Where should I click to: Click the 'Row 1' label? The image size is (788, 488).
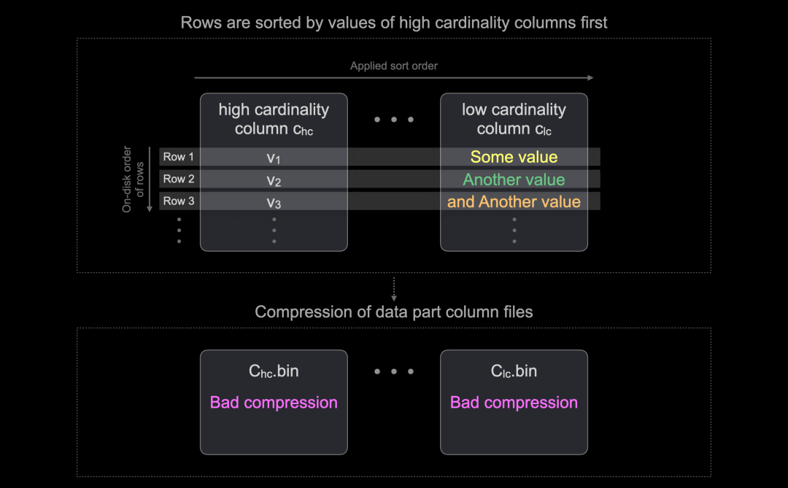click(x=179, y=157)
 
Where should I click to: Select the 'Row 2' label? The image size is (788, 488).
click(x=179, y=179)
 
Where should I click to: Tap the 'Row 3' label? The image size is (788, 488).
click(x=179, y=201)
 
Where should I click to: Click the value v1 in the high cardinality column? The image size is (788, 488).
click(x=274, y=158)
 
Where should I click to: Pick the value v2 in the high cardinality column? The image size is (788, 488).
click(x=274, y=180)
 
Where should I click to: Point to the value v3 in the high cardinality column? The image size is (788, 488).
click(x=274, y=202)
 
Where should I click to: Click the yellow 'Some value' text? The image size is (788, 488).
click(x=514, y=157)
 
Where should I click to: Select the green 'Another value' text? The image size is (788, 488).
click(x=514, y=179)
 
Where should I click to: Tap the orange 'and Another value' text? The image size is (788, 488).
click(x=514, y=201)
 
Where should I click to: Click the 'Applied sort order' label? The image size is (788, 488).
click(x=394, y=66)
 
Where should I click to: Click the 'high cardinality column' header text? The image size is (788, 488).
click(x=274, y=119)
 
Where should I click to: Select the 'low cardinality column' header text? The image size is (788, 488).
click(x=514, y=119)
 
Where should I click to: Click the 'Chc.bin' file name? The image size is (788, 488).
click(x=274, y=371)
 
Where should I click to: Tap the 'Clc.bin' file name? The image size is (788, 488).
click(x=514, y=371)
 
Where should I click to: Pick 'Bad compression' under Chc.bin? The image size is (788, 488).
click(x=274, y=403)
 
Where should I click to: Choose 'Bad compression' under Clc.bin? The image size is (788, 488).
click(x=514, y=403)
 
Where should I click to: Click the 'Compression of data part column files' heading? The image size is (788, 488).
click(x=394, y=312)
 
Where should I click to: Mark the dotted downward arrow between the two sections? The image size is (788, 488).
click(x=394, y=289)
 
